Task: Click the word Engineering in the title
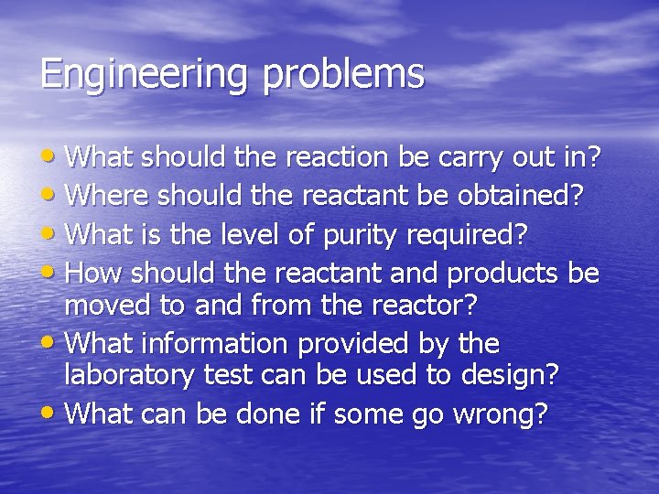tap(142, 74)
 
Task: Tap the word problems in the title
tap(343, 74)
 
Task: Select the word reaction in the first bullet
tap(337, 157)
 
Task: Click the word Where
tap(109, 196)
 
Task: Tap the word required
tap(470, 236)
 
